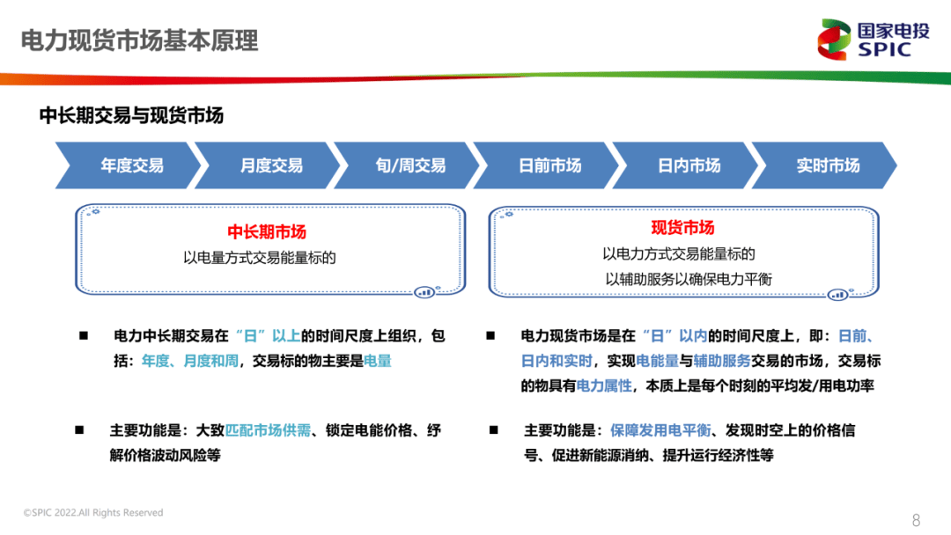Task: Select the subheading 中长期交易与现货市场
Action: (131, 115)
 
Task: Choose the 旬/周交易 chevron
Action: (410, 165)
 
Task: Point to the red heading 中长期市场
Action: (267, 232)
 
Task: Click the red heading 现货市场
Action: (682, 228)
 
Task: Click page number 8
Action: (916, 519)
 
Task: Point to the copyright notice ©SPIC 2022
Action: (93, 513)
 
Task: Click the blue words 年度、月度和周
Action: (189, 361)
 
